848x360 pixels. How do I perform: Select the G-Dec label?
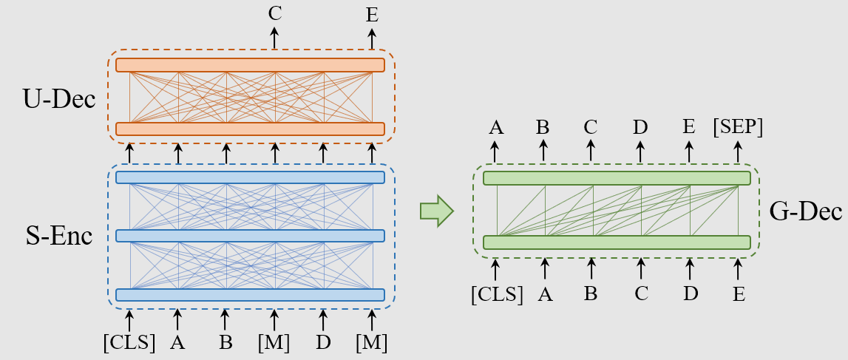pos(805,213)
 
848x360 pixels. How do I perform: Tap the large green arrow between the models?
pos(436,211)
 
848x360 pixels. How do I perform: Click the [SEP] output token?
pos(737,126)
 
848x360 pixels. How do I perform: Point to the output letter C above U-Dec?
pos(274,13)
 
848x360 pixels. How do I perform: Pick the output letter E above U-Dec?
pos(372,15)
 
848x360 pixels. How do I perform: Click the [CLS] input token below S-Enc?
pos(129,343)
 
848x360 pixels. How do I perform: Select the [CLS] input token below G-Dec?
pos(497,293)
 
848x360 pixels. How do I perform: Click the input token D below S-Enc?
pos(322,343)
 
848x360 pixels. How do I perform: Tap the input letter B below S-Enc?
pos(225,343)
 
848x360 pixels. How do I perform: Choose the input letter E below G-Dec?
pos(738,294)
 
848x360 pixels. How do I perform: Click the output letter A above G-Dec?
pos(495,127)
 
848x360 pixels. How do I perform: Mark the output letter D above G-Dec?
pos(641,127)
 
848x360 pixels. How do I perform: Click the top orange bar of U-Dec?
pos(250,65)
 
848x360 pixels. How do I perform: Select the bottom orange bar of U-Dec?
pos(250,129)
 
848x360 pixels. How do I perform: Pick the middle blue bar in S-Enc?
pos(250,236)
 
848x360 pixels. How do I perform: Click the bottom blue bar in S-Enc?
pos(250,294)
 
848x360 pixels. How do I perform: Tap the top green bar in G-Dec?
pos(617,178)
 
